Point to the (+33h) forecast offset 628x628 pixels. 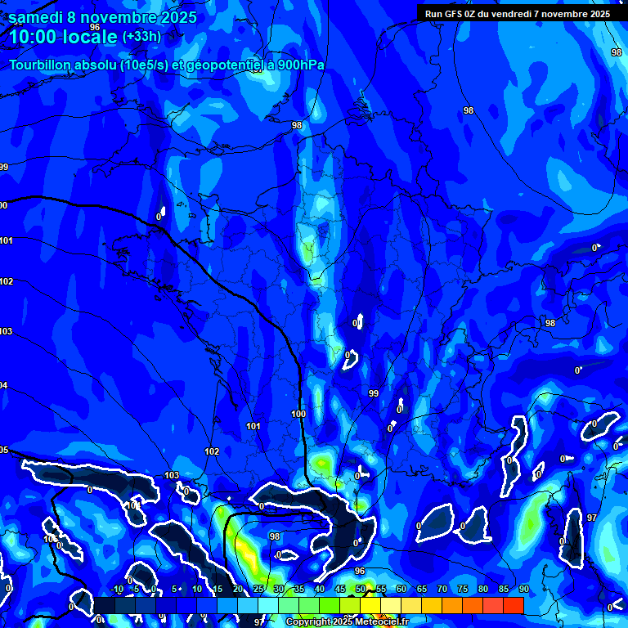click(x=141, y=37)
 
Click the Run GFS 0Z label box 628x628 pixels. click(x=517, y=13)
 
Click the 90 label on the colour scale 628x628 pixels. click(x=523, y=590)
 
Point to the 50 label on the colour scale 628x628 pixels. click(x=361, y=590)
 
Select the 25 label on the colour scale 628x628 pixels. click(x=258, y=590)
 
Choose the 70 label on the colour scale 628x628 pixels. click(x=442, y=590)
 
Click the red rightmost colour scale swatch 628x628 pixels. click(x=513, y=605)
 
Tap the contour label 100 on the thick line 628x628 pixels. click(x=298, y=415)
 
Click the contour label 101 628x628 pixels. click(x=253, y=426)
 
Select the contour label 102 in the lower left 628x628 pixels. click(x=212, y=451)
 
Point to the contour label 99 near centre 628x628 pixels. click(x=374, y=393)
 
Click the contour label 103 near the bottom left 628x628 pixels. click(x=172, y=475)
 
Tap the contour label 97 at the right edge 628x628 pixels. click(x=592, y=518)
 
